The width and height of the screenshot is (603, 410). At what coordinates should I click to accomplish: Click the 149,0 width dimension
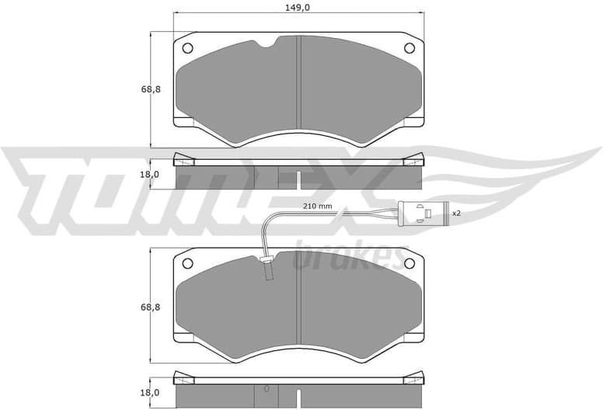point(299,9)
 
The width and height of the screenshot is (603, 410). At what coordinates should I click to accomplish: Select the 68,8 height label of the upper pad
point(151,89)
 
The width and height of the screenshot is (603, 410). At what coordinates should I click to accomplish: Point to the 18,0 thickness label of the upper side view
point(151,175)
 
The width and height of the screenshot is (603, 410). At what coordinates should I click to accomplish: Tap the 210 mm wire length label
point(317,206)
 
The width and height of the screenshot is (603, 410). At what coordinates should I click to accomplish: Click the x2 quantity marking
point(457,213)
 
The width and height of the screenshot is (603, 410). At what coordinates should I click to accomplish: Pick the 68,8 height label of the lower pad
point(151,307)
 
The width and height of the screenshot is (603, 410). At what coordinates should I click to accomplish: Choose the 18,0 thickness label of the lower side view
point(151,393)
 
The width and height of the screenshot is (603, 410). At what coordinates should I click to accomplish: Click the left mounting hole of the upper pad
point(188,48)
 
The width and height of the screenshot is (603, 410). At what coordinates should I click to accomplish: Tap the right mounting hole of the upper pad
point(410,48)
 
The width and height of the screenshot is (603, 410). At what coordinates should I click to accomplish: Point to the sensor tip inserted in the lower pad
point(267,269)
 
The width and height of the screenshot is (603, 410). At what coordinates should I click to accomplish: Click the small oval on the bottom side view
point(267,388)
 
